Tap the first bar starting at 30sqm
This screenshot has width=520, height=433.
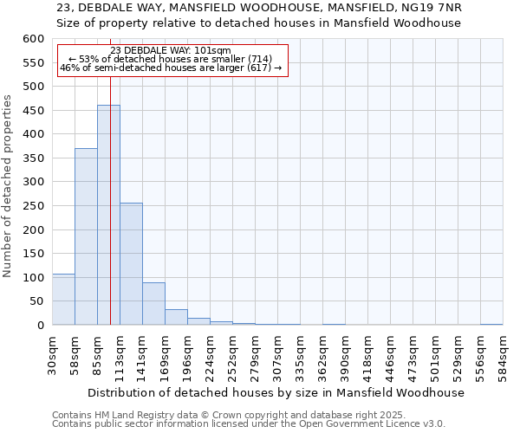pyautogui.click(x=63, y=300)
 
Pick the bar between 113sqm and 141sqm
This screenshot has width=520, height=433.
pyautogui.click(x=131, y=264)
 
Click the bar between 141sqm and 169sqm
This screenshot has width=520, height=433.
pyautogui.click(x=153, y=304)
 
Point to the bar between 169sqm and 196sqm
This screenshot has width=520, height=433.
pyautogui.click(x=176, y=317)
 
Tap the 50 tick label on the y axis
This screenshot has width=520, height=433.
pyautogui.click(x=36, y=301)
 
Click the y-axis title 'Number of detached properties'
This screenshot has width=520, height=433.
pyautogui.click(x=9, y=186)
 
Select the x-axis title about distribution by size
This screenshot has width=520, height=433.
pyautogui.click(x=276, y=392)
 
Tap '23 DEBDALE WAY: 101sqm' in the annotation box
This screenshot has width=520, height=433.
pyautogui.click(x=171, y=50)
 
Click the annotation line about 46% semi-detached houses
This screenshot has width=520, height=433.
pyautogui.click(x=171, y=68)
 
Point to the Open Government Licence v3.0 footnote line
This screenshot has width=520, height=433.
pyautogui.click(x=249, y=424)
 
